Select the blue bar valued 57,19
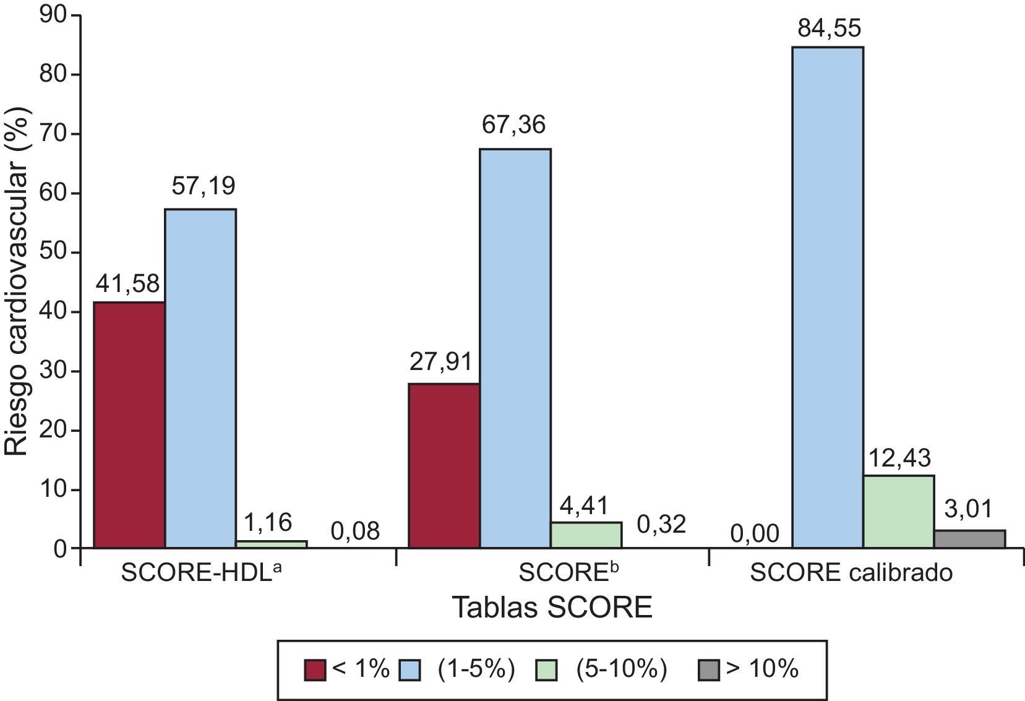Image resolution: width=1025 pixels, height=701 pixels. (200, 378)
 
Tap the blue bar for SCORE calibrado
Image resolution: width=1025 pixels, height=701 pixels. (828, 297)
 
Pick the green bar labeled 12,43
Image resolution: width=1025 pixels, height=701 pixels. (898, 511)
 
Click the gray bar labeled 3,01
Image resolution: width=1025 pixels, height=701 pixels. (969, 539)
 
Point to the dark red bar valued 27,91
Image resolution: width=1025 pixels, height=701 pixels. (444, 465)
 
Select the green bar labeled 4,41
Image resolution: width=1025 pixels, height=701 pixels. (586, 535)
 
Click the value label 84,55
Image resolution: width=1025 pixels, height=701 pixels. (829, 28)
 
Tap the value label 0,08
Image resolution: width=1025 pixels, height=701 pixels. (354, 531)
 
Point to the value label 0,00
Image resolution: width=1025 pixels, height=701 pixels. (755, 533)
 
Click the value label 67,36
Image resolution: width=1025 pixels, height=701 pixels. (513, 125)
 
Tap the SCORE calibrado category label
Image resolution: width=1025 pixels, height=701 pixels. (851, 573)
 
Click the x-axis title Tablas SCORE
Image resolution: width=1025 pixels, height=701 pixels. (552, 608)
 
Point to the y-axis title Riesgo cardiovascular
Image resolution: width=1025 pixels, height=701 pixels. (17, 282)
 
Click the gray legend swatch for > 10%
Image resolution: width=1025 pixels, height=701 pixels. (709, 670)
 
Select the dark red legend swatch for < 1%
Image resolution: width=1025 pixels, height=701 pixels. (315, 670)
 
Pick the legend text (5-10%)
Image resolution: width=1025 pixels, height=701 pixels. (620, 669)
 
